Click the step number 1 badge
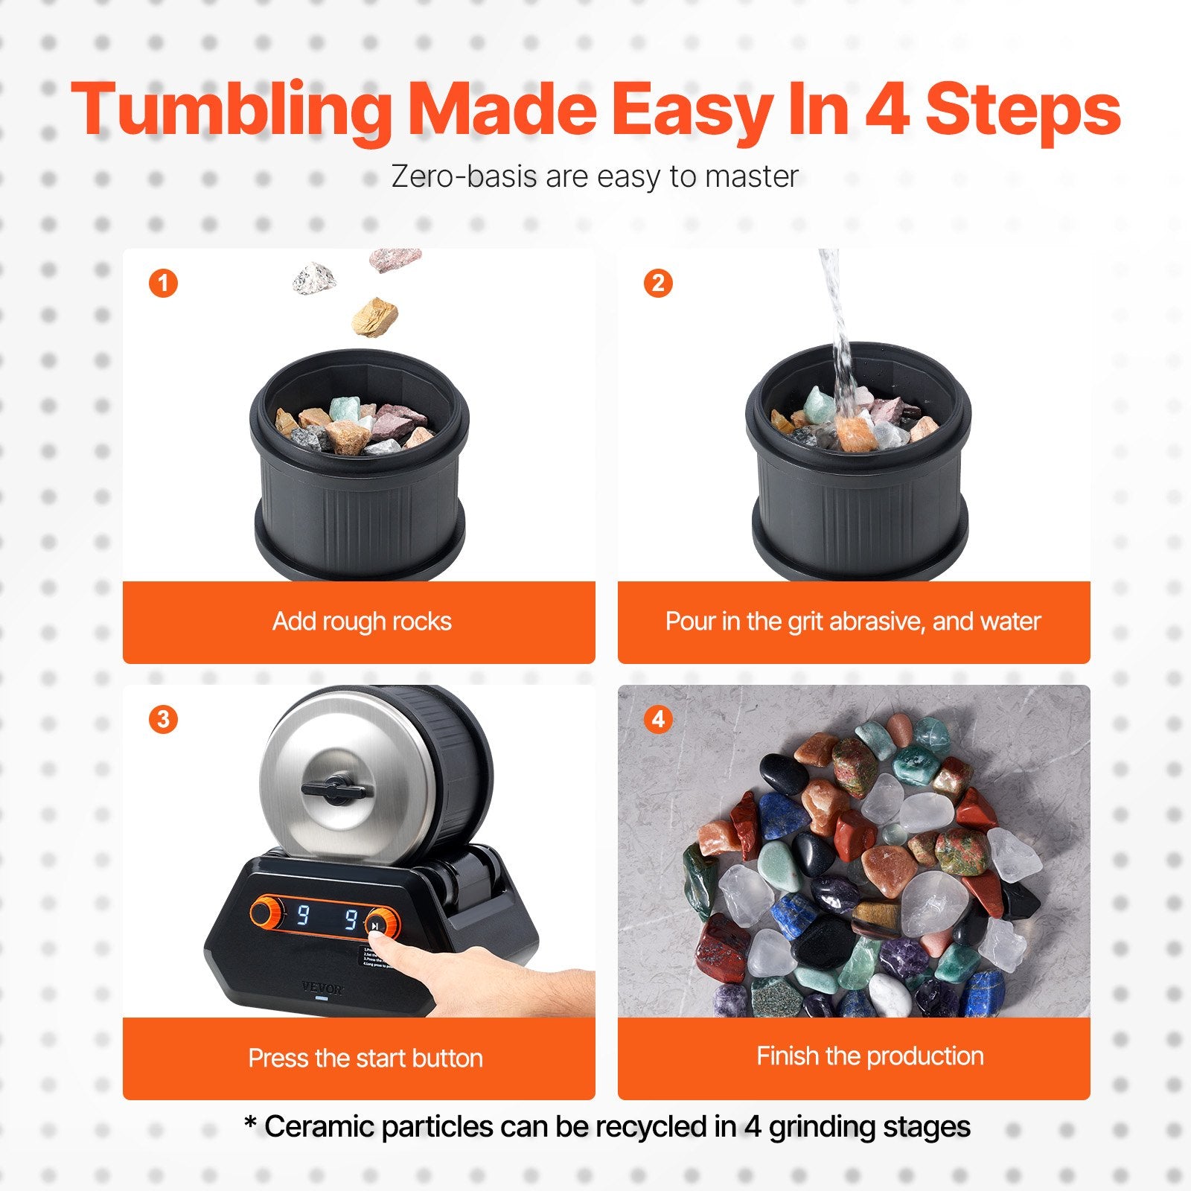163,283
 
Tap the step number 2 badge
658,283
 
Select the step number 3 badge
163,719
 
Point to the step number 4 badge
658,719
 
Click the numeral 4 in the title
887,110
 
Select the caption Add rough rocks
362,621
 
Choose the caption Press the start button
365,1058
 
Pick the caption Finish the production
869,1056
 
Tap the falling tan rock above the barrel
374,316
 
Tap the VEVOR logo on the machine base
322,989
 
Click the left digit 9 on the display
303,914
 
